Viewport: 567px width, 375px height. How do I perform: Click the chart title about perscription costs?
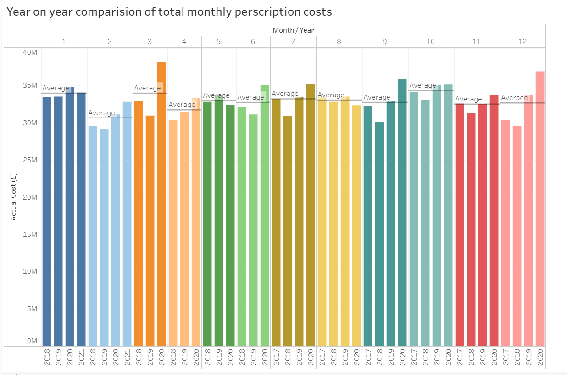(169, 12)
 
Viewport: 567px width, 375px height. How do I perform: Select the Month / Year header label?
(293, 30)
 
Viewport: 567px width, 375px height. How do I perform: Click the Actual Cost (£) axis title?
(13, 197)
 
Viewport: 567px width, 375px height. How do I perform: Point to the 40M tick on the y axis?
(30, 52)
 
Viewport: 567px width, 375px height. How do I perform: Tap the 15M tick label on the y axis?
(30, 235)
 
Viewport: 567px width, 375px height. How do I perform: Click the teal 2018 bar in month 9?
(379, 234)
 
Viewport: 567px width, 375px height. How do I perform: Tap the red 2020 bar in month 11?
(494, 220)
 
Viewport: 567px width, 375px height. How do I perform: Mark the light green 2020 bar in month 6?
(265, 216)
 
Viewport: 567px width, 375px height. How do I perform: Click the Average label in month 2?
(101, 113)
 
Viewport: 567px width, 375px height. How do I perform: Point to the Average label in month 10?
(422, 85)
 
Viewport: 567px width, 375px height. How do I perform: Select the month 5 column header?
(219, 41)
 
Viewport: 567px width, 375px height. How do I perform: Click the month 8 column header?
(339, 41)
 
